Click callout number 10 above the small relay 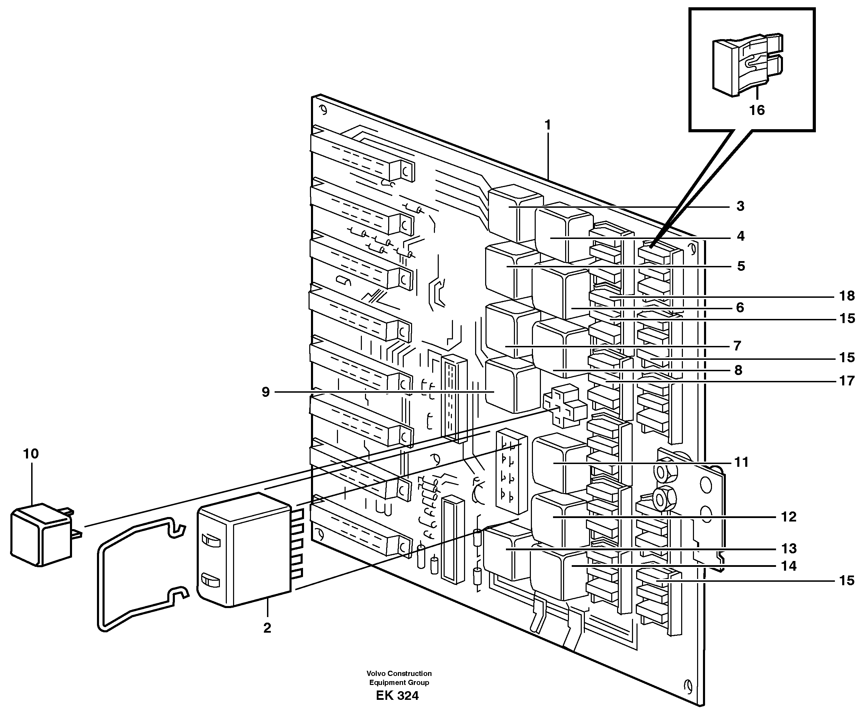(x=31, y=454)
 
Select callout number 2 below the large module (x=267, y=628)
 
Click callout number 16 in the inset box (x=757, y=110)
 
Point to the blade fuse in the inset (x=747, y=66)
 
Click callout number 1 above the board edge (x=547, y=124)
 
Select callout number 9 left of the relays (x=266, y=392)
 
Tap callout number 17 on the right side (x=847, y=381)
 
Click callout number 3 (x=740, y=206)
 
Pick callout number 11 (x=741, y=462)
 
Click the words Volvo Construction (x=399, y=674)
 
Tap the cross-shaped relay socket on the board (x=564, y=405)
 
